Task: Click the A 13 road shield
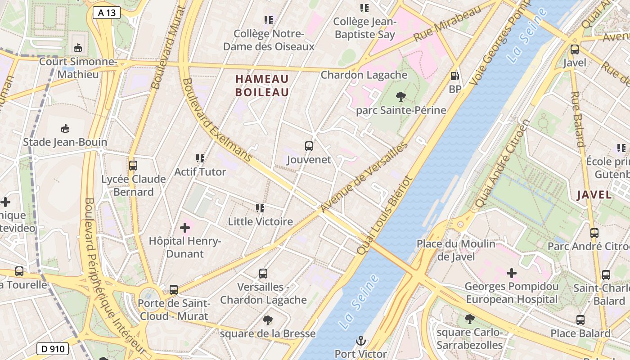[x=107, y=13]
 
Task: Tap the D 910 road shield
[x=52, y=348]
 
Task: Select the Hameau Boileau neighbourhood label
[x=262, y=85]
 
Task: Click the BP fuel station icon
[x=455, y=76]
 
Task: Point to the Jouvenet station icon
[x=309, y=146]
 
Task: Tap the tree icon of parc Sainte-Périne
[x=400, y=96]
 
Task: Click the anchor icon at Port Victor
[x=360, y=340]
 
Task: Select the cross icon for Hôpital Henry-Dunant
[x=185, y=228]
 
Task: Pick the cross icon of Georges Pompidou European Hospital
[x=512, y=273]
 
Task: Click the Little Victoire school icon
[x=260, y=208]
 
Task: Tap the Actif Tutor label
[x=200, y=172]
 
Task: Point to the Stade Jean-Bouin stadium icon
[x=65, y=129]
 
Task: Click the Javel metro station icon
[x=574, y=49]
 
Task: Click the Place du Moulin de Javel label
[x=456, y=250]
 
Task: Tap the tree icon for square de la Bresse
[x=268, y=320]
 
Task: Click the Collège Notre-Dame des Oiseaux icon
[x=269, y=20]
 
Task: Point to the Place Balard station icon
[x=580, y=320]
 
